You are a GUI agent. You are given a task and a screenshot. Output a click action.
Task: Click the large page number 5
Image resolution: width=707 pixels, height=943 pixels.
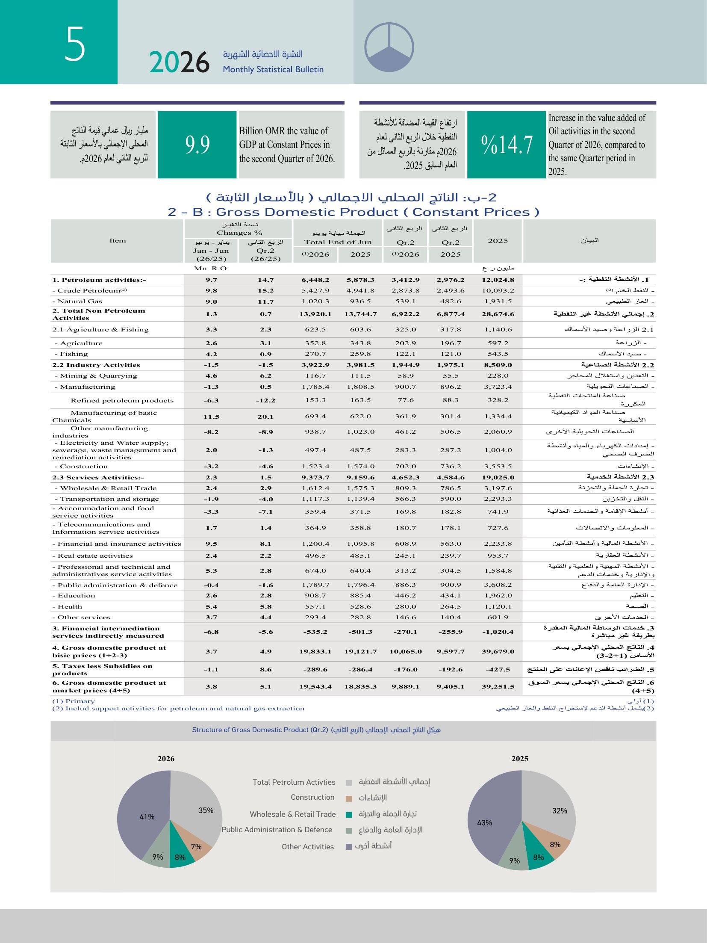[x=75, y=44]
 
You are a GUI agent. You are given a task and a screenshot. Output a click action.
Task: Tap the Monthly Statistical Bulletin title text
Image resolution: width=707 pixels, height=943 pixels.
[x=273, y=69]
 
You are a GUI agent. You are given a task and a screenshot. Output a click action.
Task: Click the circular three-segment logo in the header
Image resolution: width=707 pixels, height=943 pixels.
[x=389, y=47]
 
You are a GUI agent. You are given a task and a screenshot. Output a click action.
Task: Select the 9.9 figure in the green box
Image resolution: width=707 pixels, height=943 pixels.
[x=197, y=145]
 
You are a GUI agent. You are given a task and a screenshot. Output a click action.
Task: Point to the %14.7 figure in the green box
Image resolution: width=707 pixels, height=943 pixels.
[x=507, y=145]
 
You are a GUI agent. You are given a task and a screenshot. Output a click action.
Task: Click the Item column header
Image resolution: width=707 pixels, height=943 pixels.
[x=118, y=241]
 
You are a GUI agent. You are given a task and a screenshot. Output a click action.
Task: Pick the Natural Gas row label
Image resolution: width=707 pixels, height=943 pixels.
[x=77, y=302]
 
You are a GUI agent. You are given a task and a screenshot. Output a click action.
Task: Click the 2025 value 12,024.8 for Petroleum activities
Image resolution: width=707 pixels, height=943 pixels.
[x=498, y=280]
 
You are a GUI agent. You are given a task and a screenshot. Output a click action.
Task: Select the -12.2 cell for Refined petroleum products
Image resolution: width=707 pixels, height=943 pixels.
[x=265, y=401]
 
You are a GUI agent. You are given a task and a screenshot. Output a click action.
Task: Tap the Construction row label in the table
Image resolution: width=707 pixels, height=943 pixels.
[x=81, y=467]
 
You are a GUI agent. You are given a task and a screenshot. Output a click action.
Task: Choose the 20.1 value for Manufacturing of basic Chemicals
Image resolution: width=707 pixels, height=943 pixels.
[x=265, y=417]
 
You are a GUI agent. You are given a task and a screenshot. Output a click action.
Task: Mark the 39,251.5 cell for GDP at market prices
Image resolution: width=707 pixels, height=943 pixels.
[x=498, y=687]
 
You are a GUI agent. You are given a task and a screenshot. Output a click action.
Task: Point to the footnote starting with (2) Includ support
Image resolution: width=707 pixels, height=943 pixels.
[x=178, y=709]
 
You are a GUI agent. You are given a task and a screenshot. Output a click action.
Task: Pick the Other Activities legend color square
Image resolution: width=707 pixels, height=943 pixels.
[x=349, y=847]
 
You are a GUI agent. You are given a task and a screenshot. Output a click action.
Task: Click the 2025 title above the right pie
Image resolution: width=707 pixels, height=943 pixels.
[x=520, y=759]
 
